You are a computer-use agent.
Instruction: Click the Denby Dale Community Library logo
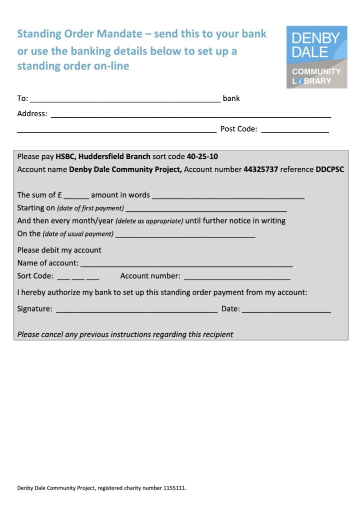coord(316,57)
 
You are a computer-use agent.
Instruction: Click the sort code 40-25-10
coord(202,156)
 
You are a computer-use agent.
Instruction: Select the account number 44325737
coord(260,169)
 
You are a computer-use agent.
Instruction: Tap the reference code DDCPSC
coord(329,169)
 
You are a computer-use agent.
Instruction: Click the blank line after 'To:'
coord(125,99)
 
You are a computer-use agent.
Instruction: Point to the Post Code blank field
coord(294,130)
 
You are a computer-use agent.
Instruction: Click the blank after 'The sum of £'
coord(76,196)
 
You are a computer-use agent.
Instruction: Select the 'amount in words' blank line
coord(228,196)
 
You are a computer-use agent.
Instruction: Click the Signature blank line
coord(136,310)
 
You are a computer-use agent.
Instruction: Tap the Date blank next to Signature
coord(286,310)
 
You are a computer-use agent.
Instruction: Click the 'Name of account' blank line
coord(186,264)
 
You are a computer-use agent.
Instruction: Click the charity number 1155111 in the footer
coord(174,488)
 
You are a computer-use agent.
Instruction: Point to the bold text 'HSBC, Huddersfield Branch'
coord(103,156)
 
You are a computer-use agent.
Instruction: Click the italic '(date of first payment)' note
coord(90,208)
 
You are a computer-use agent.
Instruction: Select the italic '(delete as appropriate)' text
coord(149,221)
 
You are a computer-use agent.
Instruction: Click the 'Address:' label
coord(32,114)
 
